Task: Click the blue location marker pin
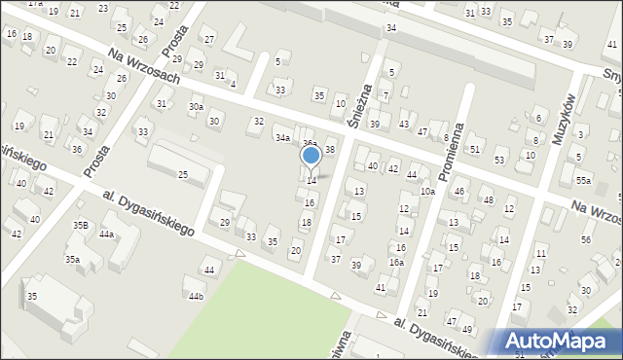click(x=311, y=156)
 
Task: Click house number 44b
click(x=197, y=296)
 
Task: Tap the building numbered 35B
click(x=81, y=226)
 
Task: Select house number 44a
click(x=106, y=234)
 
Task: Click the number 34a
click(x=282, y=138)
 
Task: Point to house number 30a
click(x=197, y=106)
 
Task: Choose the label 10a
click(x=427, y=192)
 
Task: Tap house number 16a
click(x=396, y=263)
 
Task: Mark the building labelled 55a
click(x=583, y=181)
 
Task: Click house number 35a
click(x=72, y=260)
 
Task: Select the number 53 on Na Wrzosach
click(x=499, y=160)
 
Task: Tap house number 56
click(x=586, y=239)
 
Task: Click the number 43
click(x=403, y=125)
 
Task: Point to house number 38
click(x=330, y=149)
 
